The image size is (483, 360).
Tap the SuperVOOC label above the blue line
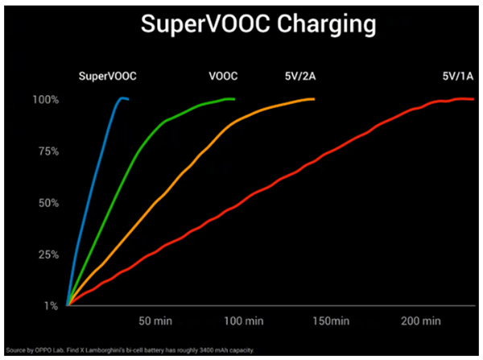(108, 77)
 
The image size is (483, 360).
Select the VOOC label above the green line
(224, 77)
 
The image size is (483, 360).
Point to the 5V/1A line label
(458, 77)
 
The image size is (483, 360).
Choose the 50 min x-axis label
(156, 321)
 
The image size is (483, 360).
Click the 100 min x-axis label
(243, 321)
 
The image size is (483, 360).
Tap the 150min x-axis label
(331, 321)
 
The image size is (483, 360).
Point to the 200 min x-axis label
(420, 321)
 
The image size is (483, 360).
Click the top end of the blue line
(122, 98)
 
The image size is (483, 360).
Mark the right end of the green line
(233, 99)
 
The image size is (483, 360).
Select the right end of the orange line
(313, 99)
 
